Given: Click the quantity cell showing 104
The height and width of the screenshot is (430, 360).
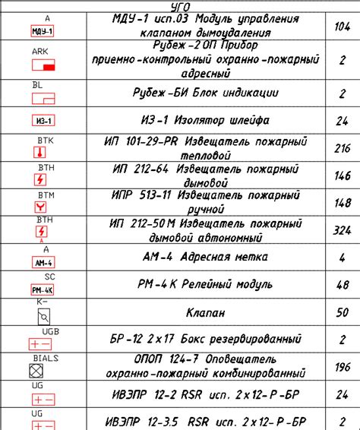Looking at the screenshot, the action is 343,26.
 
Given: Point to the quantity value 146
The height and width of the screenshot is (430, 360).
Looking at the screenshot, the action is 343,175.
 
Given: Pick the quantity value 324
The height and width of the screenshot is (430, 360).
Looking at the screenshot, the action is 343,229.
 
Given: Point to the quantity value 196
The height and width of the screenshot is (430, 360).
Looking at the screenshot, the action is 343,367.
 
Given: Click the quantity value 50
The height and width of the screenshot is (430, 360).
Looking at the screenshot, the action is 343,311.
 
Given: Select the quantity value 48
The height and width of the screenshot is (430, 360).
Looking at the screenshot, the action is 343,285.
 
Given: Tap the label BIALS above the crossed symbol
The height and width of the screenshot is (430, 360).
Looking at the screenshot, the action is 46,357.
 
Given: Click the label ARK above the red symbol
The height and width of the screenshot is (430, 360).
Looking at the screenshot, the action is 40,51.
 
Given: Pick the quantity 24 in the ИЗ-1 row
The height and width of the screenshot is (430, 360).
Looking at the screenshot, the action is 343,120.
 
